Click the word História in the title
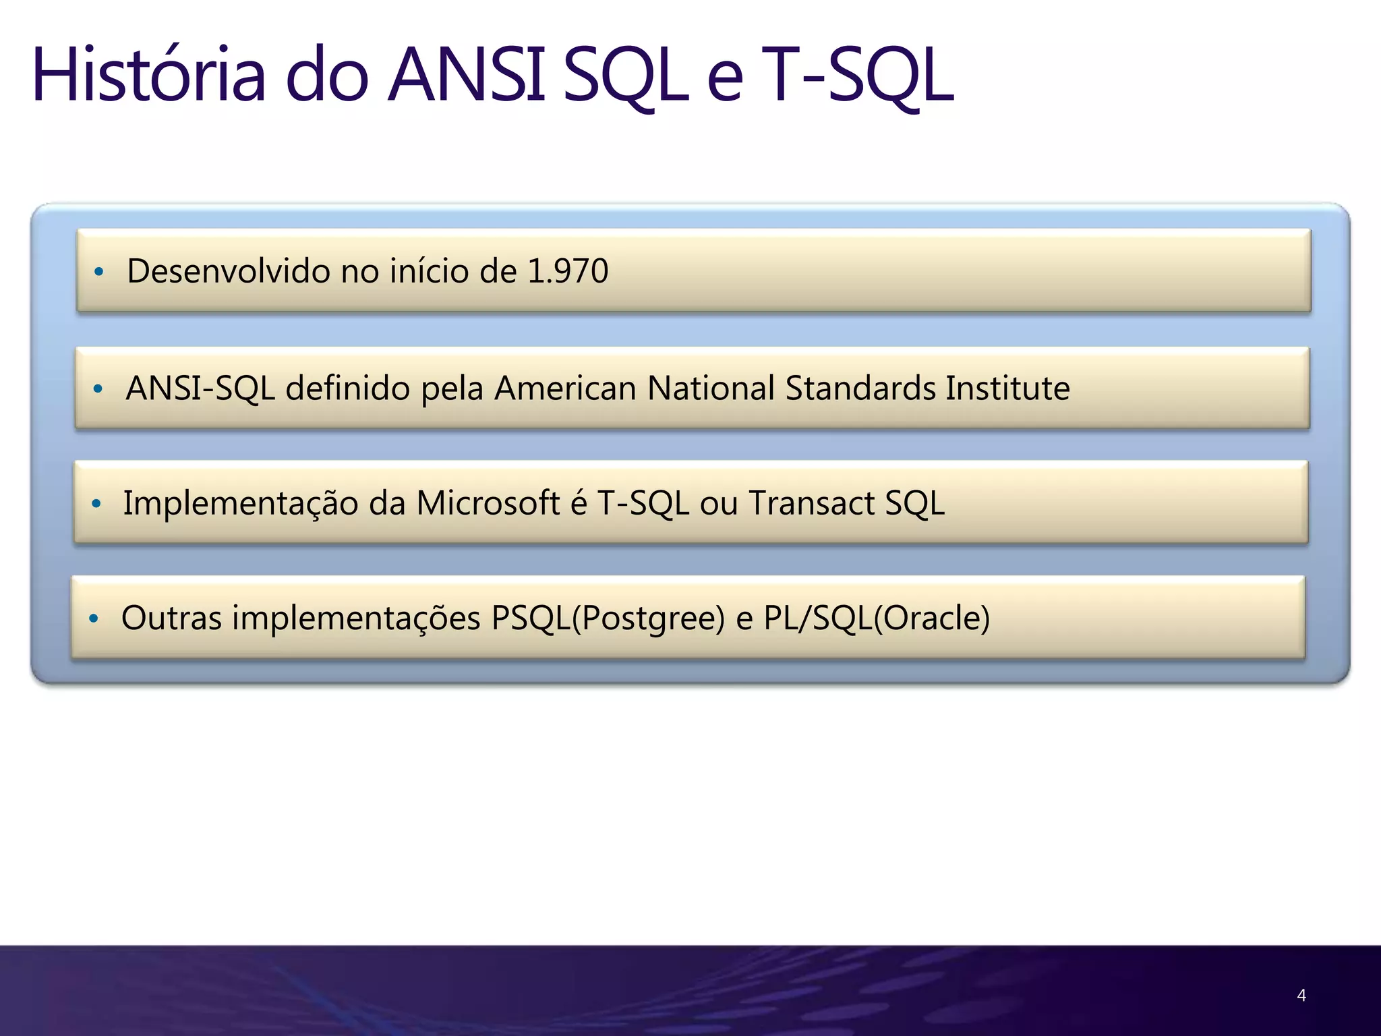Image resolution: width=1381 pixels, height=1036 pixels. [x=148, y=76]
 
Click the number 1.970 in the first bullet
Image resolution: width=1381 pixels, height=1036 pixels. [x=568, y=271]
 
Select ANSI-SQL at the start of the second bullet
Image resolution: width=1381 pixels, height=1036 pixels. [x=200, y=388]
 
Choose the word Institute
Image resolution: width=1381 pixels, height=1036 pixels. [x=1007, y=388]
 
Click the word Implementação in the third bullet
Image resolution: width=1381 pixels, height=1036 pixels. [x=240, y=503]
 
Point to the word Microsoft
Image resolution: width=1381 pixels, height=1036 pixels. [x=488, y=503]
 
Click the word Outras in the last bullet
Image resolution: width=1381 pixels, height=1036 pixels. [x=171, y=618]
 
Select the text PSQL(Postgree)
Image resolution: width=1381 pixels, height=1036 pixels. [x=608, y=618]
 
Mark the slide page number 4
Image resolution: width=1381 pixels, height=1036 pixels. [x=1301, y=995]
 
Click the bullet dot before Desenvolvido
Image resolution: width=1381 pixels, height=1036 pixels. [x=99, y=272]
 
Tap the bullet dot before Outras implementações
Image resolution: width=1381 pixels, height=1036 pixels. [x=94, y=618]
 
